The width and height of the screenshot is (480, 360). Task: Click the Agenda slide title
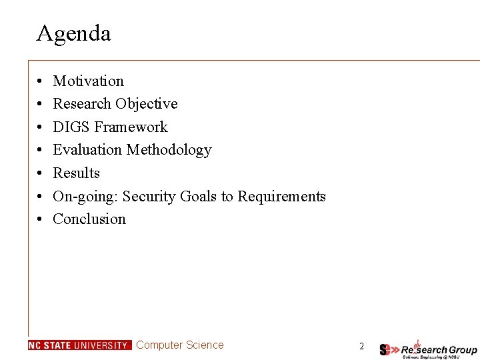click(73, 33)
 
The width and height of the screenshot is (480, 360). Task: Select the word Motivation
click(88, 81)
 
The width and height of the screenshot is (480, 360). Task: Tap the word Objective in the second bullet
click(146, 104)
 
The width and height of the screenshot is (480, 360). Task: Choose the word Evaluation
click(87, 150)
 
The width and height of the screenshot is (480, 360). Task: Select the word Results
click(76, 173)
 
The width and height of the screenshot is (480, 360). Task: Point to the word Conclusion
click(89, 219)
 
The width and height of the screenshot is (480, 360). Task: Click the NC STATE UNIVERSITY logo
click(80, 345)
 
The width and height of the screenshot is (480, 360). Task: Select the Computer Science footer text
click(180, 345)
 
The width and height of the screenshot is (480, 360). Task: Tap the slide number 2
click(361, 346)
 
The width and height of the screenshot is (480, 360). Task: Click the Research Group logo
click(428, 349)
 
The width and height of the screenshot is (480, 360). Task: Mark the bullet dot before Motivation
click(41, 81)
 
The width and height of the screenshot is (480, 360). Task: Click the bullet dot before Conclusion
click(41, 219)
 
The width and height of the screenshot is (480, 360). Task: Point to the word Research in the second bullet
click(82, 104)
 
